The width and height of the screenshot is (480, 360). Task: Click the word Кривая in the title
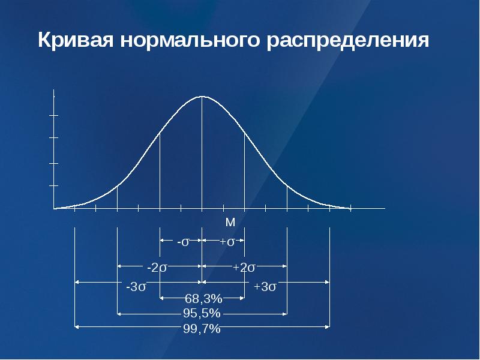[76, 40]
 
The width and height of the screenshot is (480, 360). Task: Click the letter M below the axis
[230, 222]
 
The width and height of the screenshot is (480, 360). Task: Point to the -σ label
[183, 242]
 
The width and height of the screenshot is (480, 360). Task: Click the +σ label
[227, 242]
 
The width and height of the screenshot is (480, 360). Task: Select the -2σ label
[157, 268]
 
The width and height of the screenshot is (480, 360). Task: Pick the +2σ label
[244, 268]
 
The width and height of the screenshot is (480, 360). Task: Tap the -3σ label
[136, 287]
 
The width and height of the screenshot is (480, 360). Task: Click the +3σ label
[265, 287]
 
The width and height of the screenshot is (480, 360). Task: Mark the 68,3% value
[203, 298]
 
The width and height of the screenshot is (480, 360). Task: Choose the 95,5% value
[202, 313]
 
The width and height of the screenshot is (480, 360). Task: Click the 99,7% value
[202, 328]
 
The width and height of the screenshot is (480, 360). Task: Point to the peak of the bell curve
[202, 97]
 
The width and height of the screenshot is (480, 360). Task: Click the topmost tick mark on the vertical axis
[54, 115]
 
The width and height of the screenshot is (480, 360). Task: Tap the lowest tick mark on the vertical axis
[54, 185]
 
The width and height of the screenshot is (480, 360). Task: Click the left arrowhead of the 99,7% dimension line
[77, 327]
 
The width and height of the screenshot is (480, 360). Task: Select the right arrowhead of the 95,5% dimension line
[285, 314]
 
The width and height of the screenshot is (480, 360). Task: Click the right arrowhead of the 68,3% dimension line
[242, 298]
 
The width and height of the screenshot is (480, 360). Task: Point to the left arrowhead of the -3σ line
[77, 282]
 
